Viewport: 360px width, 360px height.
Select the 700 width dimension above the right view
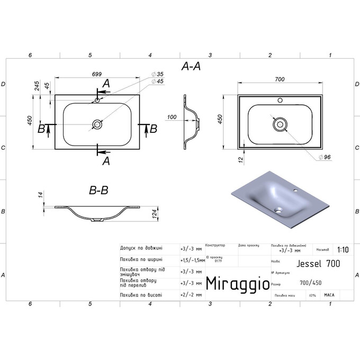pos(280,79)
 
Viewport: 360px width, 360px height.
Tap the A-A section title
pos(191,66)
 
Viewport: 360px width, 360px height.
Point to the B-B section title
pos(98,191)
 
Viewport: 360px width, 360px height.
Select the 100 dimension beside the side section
pos(172,117)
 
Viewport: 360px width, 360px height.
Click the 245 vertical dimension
pos(38,86)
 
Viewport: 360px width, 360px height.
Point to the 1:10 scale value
pos(343,249)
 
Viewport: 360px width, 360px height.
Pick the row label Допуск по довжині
pos(141,248)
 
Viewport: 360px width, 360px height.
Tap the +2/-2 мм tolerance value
pos(191,294)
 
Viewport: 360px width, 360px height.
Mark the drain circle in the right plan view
pos(280,124)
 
